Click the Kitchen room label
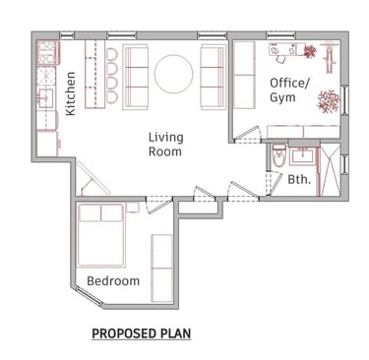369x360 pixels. (71, 93)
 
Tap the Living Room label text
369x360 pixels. (165, 145)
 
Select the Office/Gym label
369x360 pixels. (289, 90)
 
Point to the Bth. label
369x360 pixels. (299, 179)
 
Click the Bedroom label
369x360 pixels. (113, 281)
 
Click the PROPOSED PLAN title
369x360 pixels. (142, 333)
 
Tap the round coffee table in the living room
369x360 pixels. (173, 74)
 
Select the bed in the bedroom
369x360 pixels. (101, 235)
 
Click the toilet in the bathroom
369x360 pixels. (279, 155)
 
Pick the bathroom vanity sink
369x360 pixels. (302, 155)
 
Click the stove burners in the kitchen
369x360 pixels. (47, 52)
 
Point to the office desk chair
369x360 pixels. (281, 59)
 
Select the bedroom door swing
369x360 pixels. (159, 206)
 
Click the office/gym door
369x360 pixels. (247, 135)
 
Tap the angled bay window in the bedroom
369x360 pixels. (89, 296)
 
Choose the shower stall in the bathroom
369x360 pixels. (331, 170)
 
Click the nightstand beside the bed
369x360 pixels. (133, 208)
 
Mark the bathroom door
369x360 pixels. (275, 184)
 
